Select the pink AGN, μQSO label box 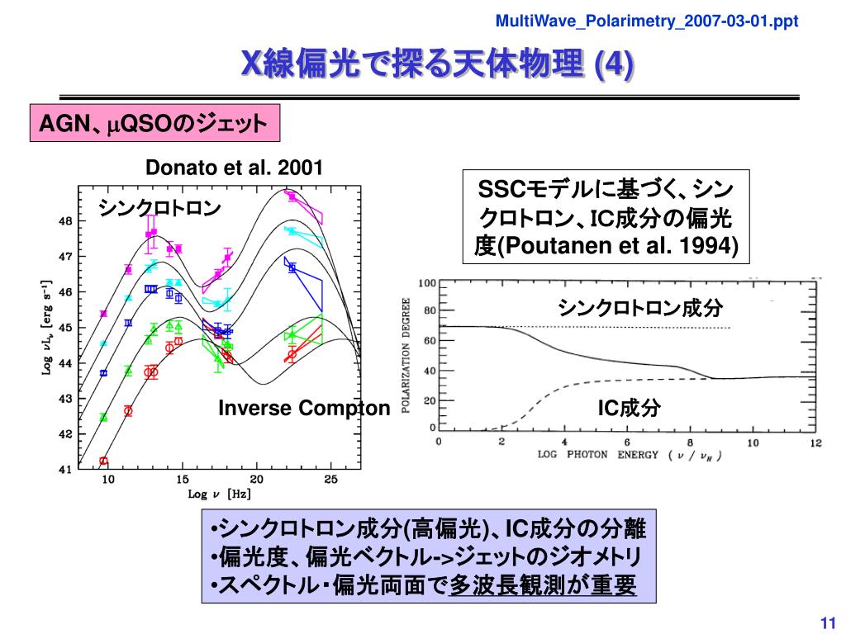pyautogui.click(x=155, y=124)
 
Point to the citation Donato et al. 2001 pyautogui.click(x=234, y=168)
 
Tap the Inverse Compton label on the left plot pyautogui.click(x=303, y=408)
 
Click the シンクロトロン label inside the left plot pyautogui.click(x=160, y=209)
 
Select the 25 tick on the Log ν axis pyautogui.click(x=330, y=480)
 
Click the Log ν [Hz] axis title pyautogui.click(x=219, y=495)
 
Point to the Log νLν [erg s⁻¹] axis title pyautogui.click(x=47, y=328)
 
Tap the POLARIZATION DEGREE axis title pyautogui.click(x=406, y=355)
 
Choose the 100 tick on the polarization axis pyautogui.click(x=427, y=283)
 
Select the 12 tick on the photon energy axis pyautogui.click(x=815, y=443)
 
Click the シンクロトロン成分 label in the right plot pyautogui.click(x=640, y=309)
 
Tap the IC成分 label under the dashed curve pyautogui.click(x=629, y=407)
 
